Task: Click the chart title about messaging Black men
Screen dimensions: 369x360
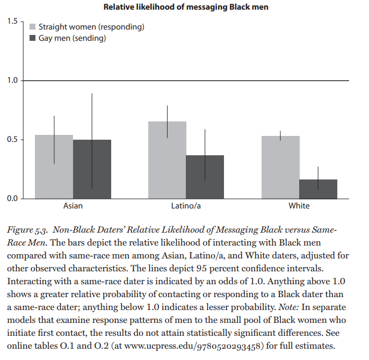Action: click(186, 7)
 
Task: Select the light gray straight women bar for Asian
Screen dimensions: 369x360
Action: click(54, 167)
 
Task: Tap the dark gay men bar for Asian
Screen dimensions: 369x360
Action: click(92, 169)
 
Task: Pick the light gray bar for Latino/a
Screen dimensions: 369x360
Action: click(167, 160)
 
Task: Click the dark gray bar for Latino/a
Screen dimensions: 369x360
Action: click(205, 177)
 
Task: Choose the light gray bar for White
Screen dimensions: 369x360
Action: click(280, 168)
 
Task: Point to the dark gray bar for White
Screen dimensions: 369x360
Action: click(319, 189)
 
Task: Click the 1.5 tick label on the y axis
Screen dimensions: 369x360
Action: click(12, 21)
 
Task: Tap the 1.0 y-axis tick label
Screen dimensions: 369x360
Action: click(12, 80)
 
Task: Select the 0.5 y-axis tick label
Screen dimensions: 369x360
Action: click(12, 139)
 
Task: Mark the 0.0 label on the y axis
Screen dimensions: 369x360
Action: click(12, 198)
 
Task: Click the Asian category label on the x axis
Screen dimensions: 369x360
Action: click(73, 206)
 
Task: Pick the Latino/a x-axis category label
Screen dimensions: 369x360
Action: click(186, 206)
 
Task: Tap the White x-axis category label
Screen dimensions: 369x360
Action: click(299, 206)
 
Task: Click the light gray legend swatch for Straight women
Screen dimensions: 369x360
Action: click(32, 27)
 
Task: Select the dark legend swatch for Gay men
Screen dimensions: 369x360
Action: click(32, 38)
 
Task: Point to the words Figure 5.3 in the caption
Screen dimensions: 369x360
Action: click(27, 230)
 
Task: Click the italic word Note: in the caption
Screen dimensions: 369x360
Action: click(289, 307)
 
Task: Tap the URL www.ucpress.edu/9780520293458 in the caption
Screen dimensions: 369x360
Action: click(192, 346)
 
